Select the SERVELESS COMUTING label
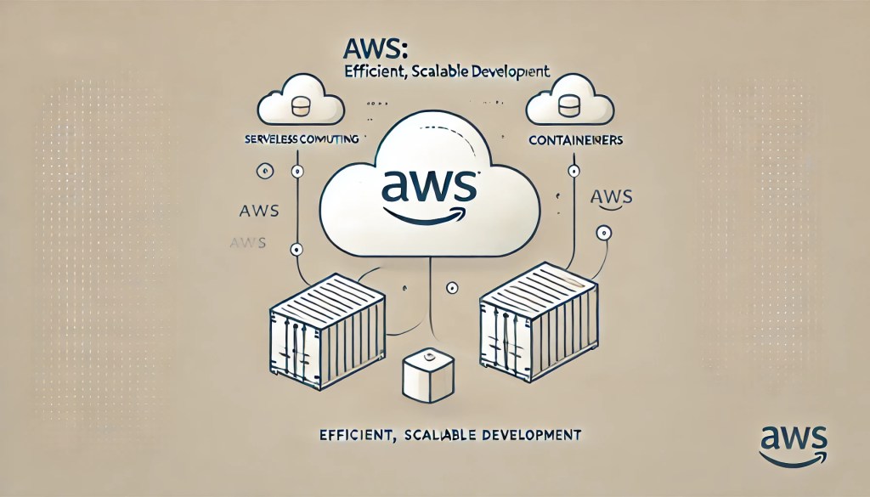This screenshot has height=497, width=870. (x=301, y=138)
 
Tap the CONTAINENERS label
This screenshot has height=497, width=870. (x=573, y=138)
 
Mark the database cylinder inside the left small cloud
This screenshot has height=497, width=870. (x=299, y=108)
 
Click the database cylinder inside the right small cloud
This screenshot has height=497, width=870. (x=569, y=108)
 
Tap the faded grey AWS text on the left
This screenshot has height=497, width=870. (x=247, y=242)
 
